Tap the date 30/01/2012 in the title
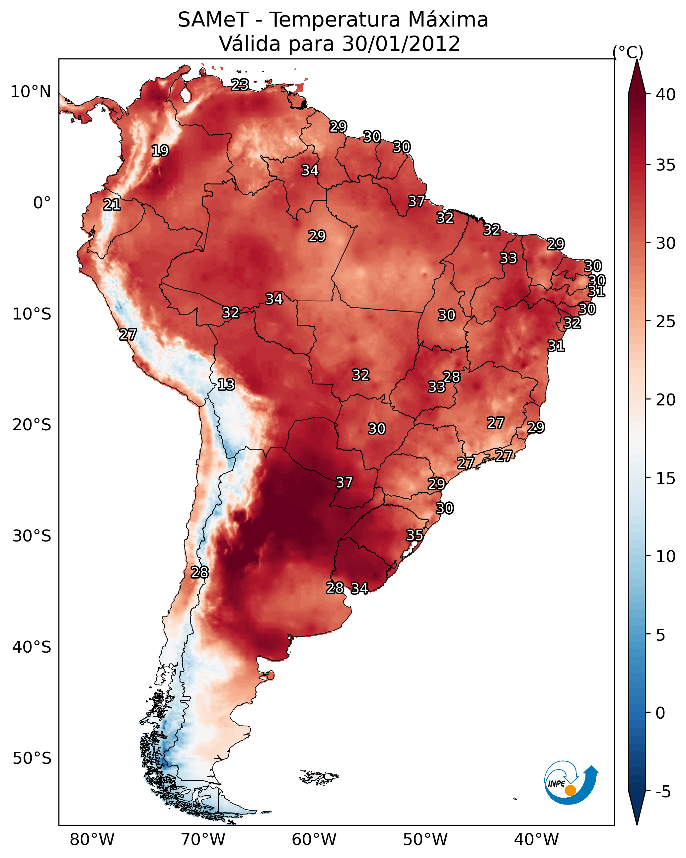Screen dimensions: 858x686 [x=401, y=44]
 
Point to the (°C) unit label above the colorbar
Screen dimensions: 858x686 [x=628, y=52]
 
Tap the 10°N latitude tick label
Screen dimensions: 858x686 [x=31, y=92]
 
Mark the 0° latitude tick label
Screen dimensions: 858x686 [x=42, y=203]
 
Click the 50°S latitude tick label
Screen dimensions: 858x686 [x=32, y=758]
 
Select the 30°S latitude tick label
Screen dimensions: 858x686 [x=32, y=536]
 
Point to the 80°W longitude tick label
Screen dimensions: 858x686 [x=92, y=839]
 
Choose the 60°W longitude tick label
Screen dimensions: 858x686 [x=314, y=839]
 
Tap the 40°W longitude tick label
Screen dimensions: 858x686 [x=536, y=839]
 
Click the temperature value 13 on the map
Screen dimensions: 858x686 [x=226, y=385]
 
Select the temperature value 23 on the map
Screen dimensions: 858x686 [x=240, y=85]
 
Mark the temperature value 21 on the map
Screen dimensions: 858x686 [x=112, y=205]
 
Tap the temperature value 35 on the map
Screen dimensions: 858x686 [x=415, y=535]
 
